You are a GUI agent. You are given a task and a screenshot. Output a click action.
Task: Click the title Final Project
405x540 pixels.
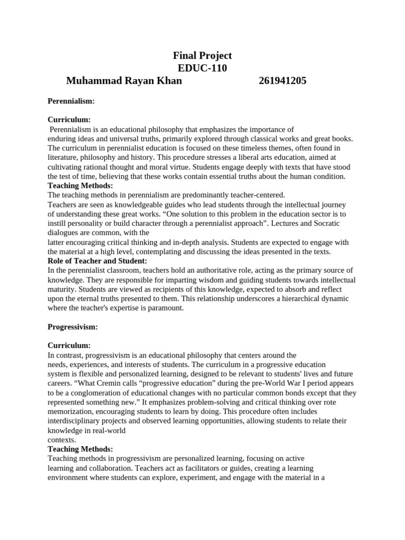point(202,55)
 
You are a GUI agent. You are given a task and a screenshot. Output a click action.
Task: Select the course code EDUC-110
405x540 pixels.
point(202,68)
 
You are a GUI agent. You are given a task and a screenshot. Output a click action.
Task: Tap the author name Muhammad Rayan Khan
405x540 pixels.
point(124,81)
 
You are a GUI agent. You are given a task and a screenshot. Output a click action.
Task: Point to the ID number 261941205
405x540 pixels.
point(283,81)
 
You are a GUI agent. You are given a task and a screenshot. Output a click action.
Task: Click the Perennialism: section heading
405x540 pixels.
point(71,100)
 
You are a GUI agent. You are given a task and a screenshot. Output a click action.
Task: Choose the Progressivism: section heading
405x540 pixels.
point(73,327)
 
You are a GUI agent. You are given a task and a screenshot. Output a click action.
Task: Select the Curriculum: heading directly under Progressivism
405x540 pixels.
point(69,345)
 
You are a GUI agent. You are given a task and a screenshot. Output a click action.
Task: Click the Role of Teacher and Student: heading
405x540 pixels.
point(98,261)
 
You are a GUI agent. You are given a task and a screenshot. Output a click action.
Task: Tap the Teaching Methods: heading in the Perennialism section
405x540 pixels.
point(80,186)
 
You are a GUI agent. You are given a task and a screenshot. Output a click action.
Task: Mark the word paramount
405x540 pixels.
point(166,308)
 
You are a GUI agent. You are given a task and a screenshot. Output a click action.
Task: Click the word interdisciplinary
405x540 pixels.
point(77,421)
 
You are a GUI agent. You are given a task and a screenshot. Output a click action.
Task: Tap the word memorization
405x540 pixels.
point(71,412)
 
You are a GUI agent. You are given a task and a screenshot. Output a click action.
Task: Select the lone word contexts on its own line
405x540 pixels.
point(62,440)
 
